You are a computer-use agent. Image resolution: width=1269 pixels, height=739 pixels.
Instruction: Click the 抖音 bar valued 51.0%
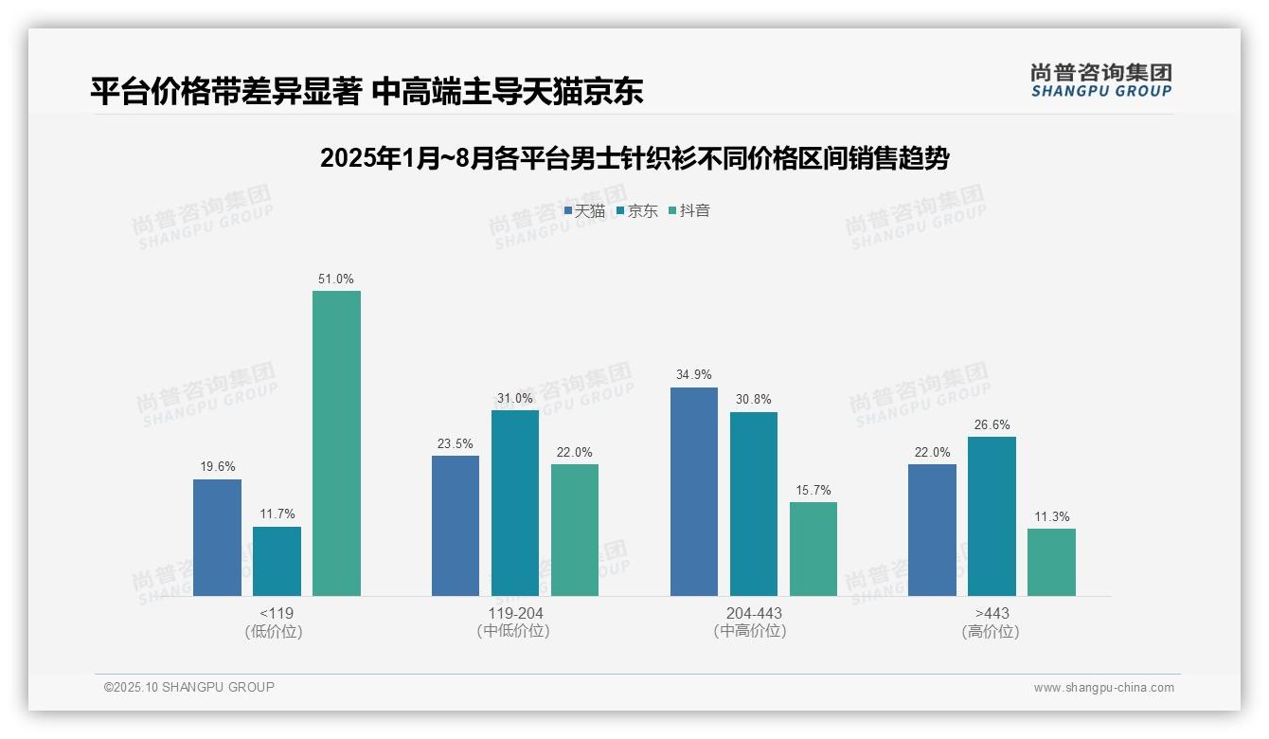tap(336, 443)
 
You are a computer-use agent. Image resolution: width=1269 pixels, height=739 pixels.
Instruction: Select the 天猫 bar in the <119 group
tap(217, 537)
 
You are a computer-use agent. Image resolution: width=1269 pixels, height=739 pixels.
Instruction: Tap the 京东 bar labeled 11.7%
tap(277, 561)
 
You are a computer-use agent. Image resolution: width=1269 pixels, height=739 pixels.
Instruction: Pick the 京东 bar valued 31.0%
tap(514, 503)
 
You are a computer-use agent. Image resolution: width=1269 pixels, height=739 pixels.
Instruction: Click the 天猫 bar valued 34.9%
tap(693, 492)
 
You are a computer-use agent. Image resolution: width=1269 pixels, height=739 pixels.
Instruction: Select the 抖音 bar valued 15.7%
tap(813, 549)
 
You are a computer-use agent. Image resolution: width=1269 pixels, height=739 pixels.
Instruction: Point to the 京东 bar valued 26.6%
tap(992, 516)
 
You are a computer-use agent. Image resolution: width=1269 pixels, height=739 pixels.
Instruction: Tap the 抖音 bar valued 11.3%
tap(1051, 562)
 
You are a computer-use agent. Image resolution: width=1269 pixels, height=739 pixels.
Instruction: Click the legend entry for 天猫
tap(584, 210)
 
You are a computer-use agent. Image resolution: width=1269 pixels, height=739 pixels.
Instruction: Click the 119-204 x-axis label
tap(514, 613)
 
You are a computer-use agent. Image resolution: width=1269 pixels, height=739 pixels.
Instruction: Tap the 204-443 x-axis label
tap(753, 613)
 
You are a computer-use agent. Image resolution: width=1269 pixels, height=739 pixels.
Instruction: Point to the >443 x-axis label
tap(992, 613)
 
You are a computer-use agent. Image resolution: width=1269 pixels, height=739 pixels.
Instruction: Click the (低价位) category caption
tap(274, 631)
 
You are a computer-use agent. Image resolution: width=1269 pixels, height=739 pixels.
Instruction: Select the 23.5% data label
tap(456, 443)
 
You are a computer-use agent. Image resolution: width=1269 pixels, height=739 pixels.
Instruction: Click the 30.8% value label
tap(753, 400)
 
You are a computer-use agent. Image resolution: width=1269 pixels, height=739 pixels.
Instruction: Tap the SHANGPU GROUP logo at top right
tap(1100, 81)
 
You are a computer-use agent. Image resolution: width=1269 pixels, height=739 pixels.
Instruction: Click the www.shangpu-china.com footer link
tap(1103, 688)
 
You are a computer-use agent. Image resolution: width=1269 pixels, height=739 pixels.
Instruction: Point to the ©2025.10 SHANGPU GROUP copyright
tap(188, 687)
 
